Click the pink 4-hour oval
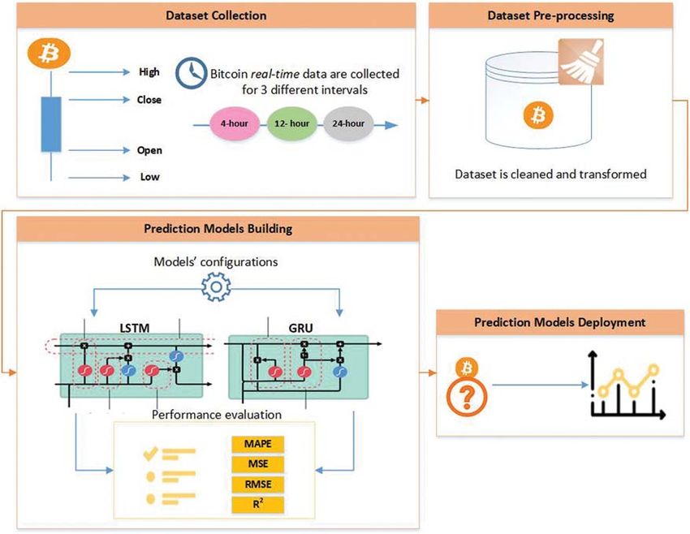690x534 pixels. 234,123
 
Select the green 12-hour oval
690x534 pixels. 291,123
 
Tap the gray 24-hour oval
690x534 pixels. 348,123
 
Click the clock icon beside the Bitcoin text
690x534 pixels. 191,73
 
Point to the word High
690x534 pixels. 149,71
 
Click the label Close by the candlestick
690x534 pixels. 149,100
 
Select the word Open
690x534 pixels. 149,150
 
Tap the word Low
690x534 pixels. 149,177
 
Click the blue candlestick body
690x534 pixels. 51,124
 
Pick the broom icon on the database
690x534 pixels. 581,62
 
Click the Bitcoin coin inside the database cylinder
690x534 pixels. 538,115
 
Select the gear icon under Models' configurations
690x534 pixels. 216,286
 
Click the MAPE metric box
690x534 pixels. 258,444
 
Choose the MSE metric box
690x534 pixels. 258,464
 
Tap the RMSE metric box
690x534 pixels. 258,484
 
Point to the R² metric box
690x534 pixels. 258,505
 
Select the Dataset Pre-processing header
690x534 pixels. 550,15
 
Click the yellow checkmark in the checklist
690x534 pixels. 150,453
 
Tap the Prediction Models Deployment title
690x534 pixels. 560,322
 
